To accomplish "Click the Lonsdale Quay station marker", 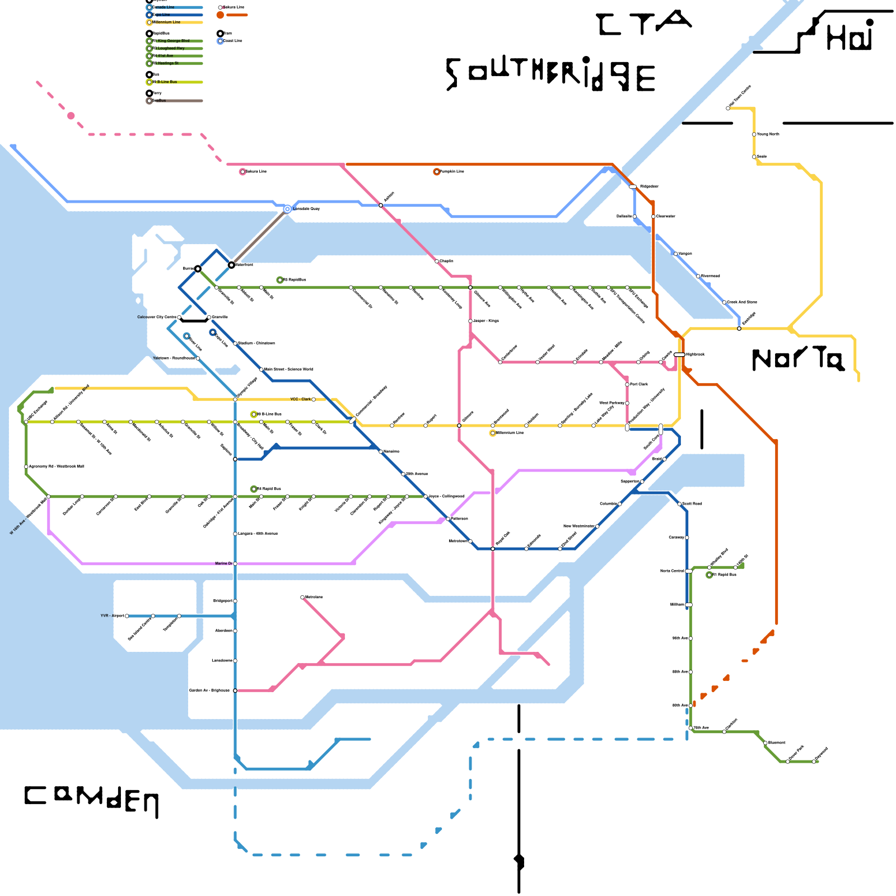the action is pyautogui.click(x=287, y=209).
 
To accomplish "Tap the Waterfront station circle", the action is pyautogui.click(x=231, y=265).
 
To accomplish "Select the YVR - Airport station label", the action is pyautogui.click(x=112, y=615).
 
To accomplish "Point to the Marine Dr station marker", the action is pyautogui.click(x=235, y=563).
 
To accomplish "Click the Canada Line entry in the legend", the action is pyautogui.click(x=174, y=7).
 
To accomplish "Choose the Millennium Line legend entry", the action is pyautogui.click(x=174, y=22).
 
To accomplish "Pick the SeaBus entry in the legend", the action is pyautogui.click(x=174, y=101).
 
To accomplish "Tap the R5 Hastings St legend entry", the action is pyautogui.click(x=174, y=63).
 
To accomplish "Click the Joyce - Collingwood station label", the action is pyautogui.click(x=446, y=496).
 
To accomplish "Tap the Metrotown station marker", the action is pyautogui.click(x=470, y=541).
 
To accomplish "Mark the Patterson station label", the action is pyautogui.click(x=460, y=519).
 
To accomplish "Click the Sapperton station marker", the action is pyautogui.click(x=642, y=481).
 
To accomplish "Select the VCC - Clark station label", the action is pyautogui.click(x=300, y=399).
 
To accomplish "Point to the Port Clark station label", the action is pyautogui.click(x=639, y=384).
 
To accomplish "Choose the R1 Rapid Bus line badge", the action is pyautogui.click(x=710, y=575).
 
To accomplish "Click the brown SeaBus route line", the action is pyautogui.click(x=259, y=237).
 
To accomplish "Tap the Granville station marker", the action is pyautogui.click(x=209, y=317).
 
